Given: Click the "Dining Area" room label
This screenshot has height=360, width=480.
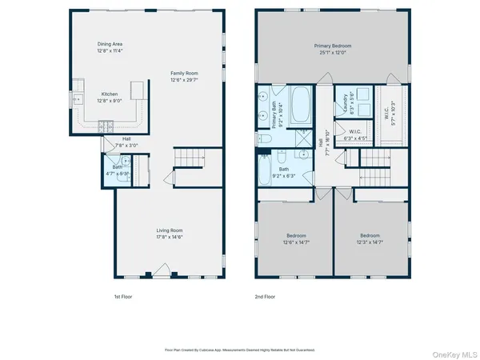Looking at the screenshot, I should [x=110, y=44].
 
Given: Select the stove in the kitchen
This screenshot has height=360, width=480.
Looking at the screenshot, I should [x=105, y=125].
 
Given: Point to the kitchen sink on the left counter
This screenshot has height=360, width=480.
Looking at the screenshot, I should [x=78, y=100].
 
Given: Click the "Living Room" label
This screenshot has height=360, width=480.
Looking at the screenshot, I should [x=169, y=230].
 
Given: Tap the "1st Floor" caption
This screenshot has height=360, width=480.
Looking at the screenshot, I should [x=123, y=297].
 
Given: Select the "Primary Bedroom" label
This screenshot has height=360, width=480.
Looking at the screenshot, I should [x=332, y=46].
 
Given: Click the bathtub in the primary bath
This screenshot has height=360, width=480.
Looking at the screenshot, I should [x=301, y=103].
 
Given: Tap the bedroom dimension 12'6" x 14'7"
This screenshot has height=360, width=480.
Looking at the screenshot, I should [x=296, y=242].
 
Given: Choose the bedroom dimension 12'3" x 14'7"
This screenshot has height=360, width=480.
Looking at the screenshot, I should [x=370, y=242].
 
